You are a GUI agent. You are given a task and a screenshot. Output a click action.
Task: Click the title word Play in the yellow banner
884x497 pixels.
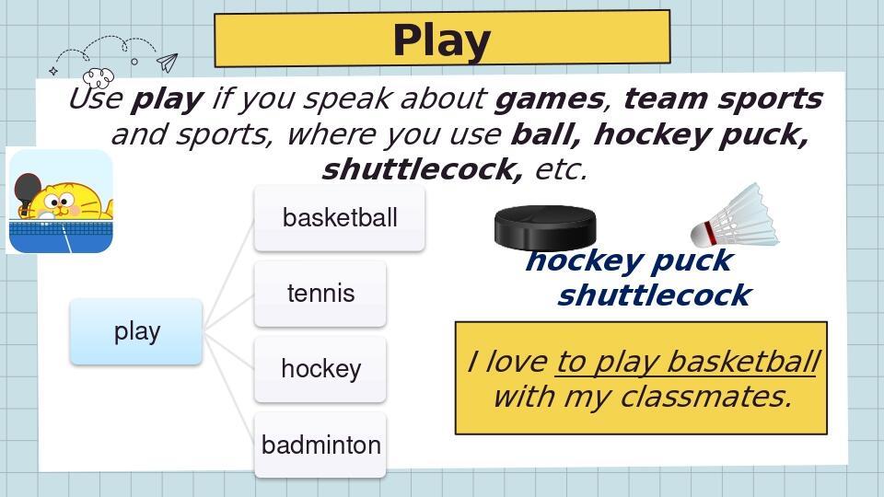(441, 40)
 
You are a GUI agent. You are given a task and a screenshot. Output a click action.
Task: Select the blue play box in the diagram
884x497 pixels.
(136, 331)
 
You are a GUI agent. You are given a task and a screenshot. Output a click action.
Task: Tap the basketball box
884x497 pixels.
(340, 218)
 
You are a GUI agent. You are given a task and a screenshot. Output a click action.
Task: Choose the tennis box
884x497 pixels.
(320, 294)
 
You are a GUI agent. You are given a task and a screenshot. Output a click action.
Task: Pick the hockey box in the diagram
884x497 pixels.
(320, 369)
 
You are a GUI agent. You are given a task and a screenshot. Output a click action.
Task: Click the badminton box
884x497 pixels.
(320, 445)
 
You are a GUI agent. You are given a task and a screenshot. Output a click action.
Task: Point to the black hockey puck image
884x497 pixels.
(545, 227)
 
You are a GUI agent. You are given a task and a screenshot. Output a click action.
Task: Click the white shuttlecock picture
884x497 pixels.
(738, 216)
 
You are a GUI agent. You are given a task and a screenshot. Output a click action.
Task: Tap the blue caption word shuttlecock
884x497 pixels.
(654, 295)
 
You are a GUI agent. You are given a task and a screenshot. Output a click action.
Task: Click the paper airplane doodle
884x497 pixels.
(167, 63)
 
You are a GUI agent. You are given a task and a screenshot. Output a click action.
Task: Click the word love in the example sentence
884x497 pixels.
(516, 362)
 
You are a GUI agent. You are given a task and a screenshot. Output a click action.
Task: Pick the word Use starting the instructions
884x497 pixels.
(96, 98)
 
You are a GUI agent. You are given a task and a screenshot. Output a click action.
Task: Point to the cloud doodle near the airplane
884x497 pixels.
(98, 76)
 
